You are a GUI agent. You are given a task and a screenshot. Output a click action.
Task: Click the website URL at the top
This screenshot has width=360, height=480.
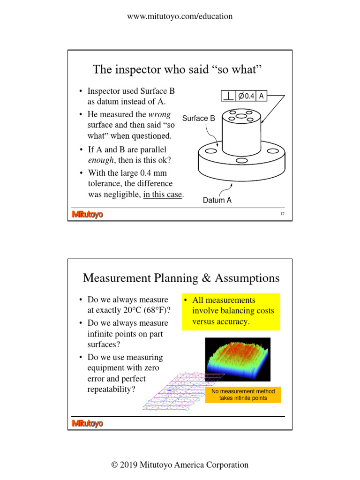click(180, 16)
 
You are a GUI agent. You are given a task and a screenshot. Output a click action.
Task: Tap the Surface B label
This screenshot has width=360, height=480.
click(198, 119)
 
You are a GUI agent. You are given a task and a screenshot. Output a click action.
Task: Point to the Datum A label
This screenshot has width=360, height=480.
click(217, 201)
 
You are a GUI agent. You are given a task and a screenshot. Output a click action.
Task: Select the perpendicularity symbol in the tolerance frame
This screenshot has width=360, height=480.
click(229, 96)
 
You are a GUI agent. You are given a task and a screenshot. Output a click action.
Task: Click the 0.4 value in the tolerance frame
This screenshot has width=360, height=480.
click(247, 96)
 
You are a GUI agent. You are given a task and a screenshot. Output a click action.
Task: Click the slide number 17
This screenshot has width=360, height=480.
click(282, 215)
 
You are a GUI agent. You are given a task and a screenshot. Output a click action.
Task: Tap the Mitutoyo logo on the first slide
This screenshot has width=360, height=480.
click(87, 215)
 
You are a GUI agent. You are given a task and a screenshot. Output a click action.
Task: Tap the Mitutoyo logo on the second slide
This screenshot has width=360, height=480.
click(87, 424)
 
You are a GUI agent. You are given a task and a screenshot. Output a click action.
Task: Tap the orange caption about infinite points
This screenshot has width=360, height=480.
click(243, 395)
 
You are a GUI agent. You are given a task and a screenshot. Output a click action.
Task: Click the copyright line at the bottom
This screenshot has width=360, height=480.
click(180, 465)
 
